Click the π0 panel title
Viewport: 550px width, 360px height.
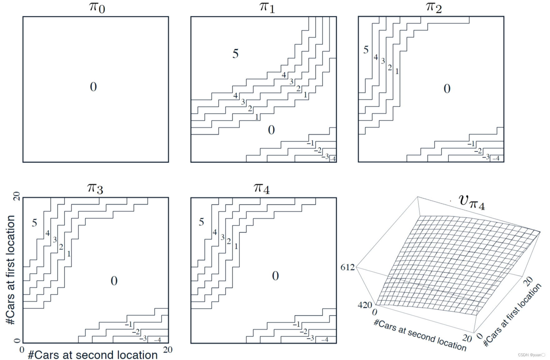click(97, 7)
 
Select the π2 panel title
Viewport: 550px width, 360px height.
click(434, 7)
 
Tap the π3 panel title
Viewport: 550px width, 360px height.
click(95, 188)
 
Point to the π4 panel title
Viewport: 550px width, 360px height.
click(262, 188)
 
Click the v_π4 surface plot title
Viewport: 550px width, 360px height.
click(472, 202)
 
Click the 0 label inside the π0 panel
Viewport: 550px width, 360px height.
click(93, 87)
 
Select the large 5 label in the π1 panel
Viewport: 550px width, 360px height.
click(235, 54)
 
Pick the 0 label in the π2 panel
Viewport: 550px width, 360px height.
click(447, 89)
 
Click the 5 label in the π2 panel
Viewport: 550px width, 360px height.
click(366, 50)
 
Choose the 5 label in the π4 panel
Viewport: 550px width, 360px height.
click(201, 222)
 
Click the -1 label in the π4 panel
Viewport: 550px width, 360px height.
click(296, 325)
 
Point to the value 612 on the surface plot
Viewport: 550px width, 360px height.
click(348, 267)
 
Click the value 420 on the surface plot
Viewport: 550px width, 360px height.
click(364, 305)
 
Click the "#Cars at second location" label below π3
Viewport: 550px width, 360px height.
click(93, 355)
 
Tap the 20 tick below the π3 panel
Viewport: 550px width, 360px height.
click(168, 350)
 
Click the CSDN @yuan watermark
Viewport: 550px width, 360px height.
click(531, 355)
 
